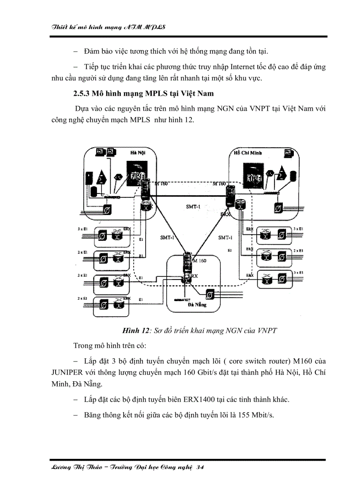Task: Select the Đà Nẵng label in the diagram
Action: (x=197, y=304)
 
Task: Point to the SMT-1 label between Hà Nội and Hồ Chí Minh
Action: (x=192, y=206)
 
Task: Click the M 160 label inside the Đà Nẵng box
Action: (x=200, y=261)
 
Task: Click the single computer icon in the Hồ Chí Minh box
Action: (x=289, y=154)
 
